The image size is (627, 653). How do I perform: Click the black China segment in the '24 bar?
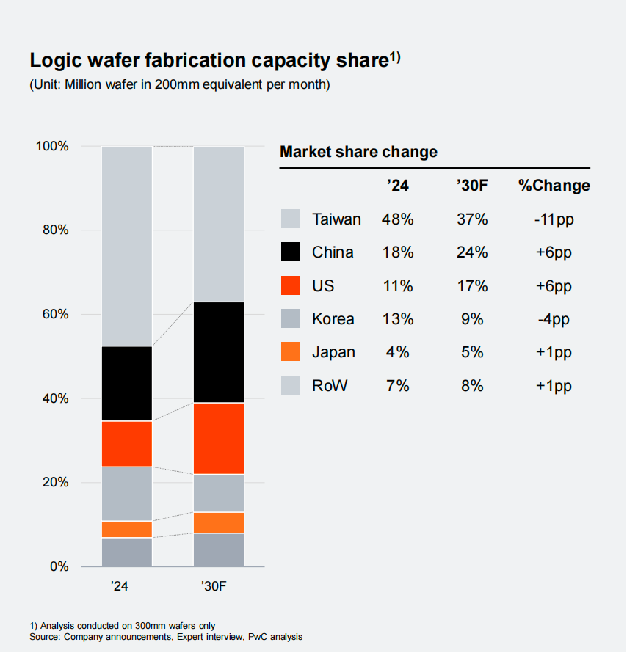click(x=126, y=383)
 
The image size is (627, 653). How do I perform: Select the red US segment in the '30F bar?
click(x=218, y=438)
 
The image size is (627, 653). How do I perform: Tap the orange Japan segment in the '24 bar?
click(x=126, y=529)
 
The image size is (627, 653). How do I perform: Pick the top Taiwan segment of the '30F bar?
click(x=218, y=224)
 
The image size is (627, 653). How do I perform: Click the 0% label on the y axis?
click(x=58, y=566)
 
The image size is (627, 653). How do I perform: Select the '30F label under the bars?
click(x=218, y=587)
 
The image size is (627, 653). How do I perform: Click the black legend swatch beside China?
click(x=291, y=252)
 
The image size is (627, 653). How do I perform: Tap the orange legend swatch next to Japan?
click(x=291, y=352)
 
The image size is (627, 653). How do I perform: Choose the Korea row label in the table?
click(x=333, y=319)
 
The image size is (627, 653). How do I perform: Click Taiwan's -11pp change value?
click(x=554, y=219)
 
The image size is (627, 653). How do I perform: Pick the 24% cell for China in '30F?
click(x=471, y=252)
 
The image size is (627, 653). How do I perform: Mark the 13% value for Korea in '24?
click(x=397, y=319)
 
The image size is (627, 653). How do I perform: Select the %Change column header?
click(x=554, y=186)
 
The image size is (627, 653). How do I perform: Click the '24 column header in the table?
click(x=397, y=186)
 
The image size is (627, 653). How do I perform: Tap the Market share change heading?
click(x=358, y=152)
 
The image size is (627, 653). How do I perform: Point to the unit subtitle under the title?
click(x=180, y=84)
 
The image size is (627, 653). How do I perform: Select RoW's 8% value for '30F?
click(x=471, y=385)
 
